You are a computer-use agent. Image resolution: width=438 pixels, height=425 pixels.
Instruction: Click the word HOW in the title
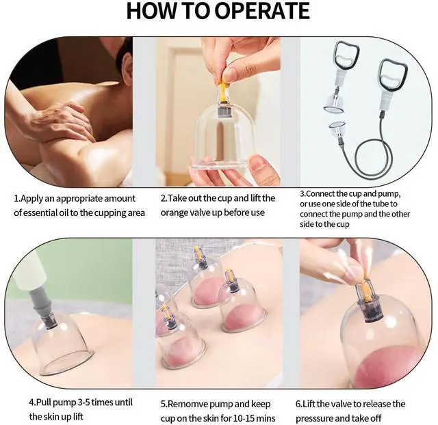coord(150,11)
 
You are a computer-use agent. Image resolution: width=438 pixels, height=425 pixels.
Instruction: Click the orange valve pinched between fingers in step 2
coord(222,90)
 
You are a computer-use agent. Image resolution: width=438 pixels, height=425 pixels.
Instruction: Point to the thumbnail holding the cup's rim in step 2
coord(258,161)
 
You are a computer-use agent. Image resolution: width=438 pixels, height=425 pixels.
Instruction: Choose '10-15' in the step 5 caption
coord(245,418)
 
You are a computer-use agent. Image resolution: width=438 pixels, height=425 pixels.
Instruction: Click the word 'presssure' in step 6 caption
coord(314,419)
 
